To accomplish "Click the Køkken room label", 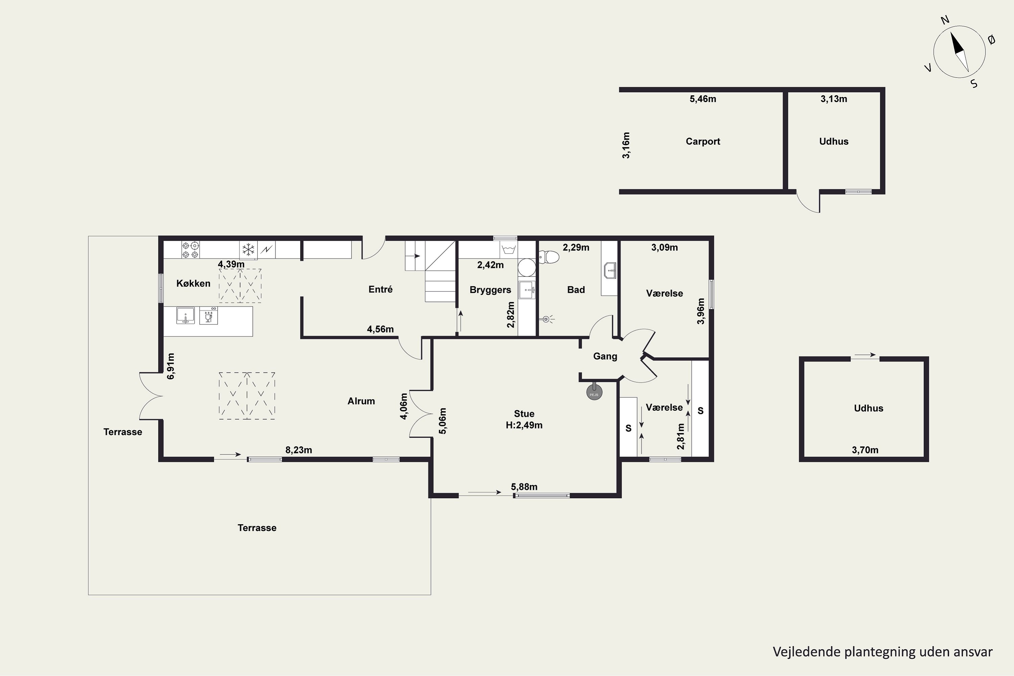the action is (193, 283).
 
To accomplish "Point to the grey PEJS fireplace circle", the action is (594, 393).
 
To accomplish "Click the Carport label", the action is (703, 141).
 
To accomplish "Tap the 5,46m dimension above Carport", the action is (703, 99).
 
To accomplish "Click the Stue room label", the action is (524, 414).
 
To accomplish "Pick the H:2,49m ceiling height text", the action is (524, 425).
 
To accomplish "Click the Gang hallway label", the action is (605, 356).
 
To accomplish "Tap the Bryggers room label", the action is (490, 290).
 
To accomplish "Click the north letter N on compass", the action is (945, 32).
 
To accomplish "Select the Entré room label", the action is (380, 289).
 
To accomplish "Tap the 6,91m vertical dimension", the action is (171, 366).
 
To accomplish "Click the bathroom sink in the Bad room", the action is (610, 270).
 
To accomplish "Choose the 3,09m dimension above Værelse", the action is (665, 247).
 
